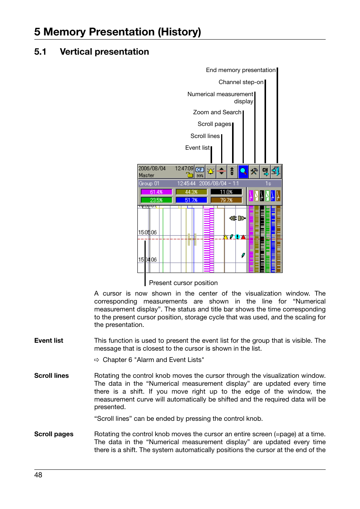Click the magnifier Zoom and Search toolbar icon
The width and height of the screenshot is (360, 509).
click(243, 172)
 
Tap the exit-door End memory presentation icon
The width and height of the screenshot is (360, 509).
click(276, 172)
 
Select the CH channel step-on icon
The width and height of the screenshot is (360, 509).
click(265, 172)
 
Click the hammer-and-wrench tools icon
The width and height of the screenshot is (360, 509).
click(254, 172)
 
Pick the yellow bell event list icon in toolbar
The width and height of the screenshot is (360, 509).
click(211, 172)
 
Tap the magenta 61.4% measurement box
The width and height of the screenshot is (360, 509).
click(156, 192)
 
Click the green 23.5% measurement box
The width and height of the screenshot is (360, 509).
click(156, 200)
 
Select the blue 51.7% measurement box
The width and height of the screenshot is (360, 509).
click(191, 200)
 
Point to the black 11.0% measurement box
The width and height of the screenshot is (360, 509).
click(226, 192)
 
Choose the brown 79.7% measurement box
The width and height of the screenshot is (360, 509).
click(226, 200)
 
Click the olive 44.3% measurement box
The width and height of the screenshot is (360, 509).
click(191, 192)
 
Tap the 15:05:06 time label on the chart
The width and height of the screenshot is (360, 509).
click(147, 233)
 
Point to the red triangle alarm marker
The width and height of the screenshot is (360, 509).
click(243, 237)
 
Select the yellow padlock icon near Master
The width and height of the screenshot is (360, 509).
click(189, 175)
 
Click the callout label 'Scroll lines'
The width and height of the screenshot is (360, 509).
click(205, 136)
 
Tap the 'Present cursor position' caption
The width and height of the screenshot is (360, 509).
click(183, 283)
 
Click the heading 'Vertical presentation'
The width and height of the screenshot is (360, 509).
click(104, 52)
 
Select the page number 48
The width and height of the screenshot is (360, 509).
click(38, 475)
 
